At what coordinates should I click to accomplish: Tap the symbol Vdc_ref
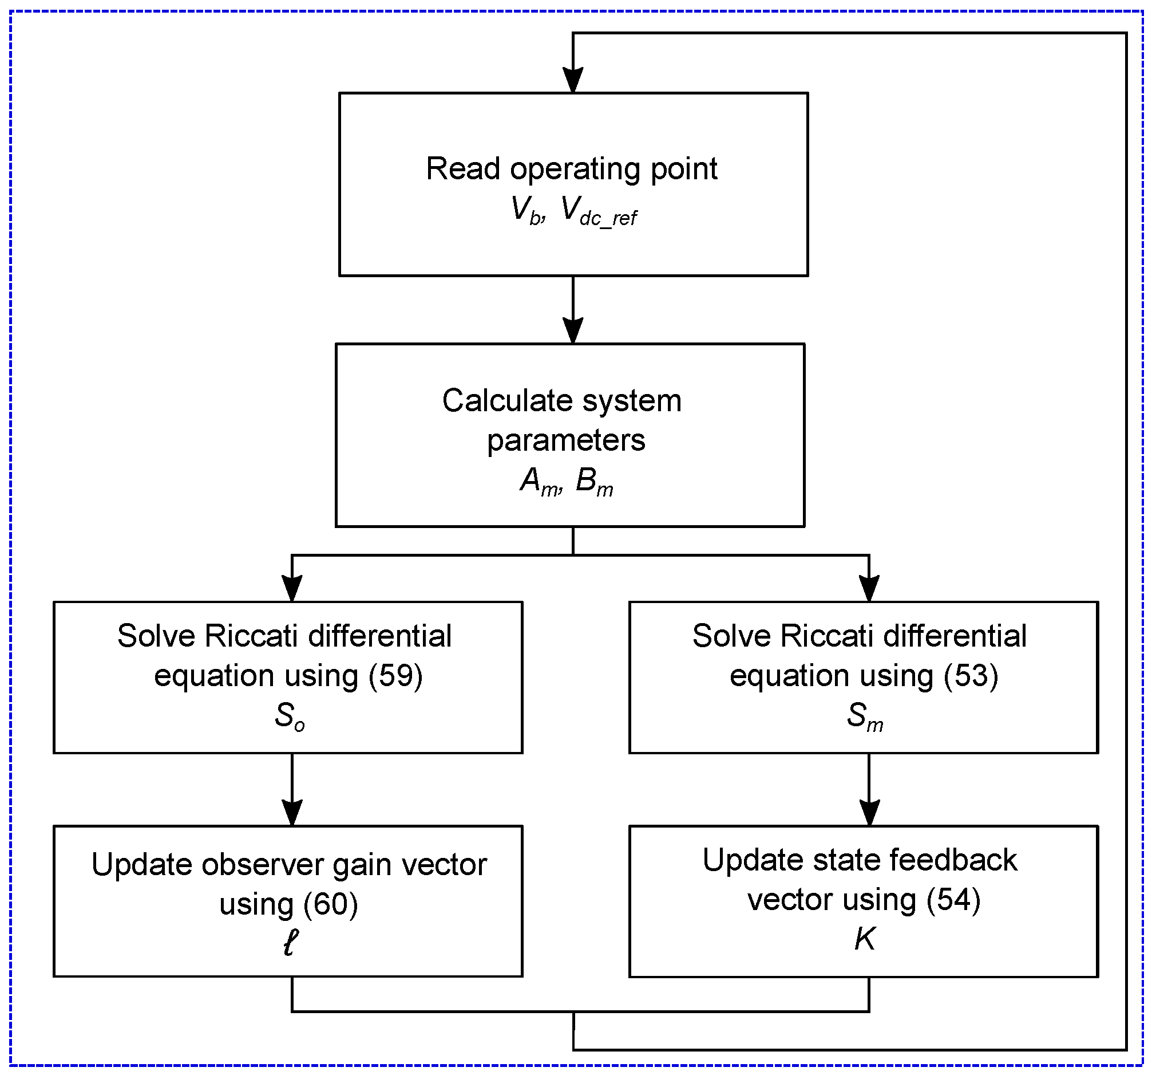(599, 211)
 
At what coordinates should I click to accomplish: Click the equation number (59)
(396, 675)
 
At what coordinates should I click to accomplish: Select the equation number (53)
(971, 675)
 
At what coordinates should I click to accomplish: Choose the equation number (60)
(331, 904)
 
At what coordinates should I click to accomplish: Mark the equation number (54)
(953, 899)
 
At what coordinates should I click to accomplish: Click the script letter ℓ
(290, 943)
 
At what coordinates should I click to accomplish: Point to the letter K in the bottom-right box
(865, 938)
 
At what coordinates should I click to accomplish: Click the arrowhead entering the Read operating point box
(573, 80)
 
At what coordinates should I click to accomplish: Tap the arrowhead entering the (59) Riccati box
(292, 589)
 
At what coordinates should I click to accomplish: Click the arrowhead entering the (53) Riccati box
(869, 589)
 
